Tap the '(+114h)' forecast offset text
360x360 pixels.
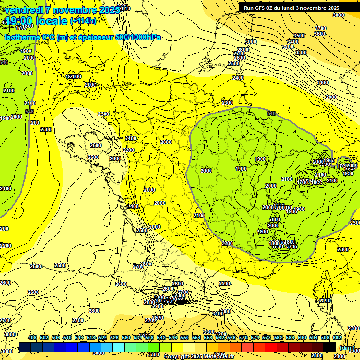tap(83, 21)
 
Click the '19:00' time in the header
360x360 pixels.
tap(19, 21)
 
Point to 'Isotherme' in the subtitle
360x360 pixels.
tap(22, 37)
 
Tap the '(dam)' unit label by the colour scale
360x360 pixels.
tap(346, 348)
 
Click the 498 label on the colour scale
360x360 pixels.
tap(32, 338)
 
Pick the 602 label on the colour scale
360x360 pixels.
tap(337, 338)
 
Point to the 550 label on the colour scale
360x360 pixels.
tap(185, 338)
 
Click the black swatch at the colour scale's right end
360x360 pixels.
tap(330, 347)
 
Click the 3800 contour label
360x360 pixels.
tap(338, 15)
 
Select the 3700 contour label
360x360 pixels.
tap(321, 28)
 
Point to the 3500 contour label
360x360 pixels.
tap(299, 36)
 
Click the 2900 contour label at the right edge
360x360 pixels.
tap(331, 97)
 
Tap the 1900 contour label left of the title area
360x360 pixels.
tap(26, 51)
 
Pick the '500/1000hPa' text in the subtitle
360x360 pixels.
tap(139, 37)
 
